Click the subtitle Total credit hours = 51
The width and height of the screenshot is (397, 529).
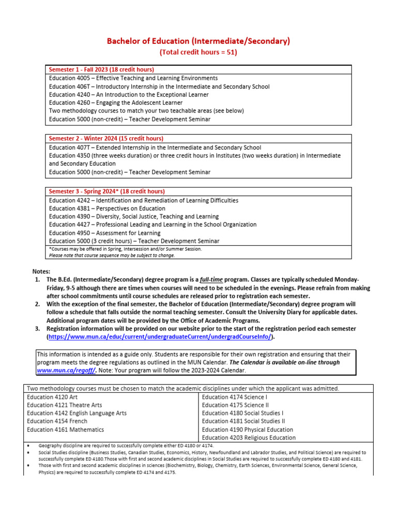pyautogui.click(x=198, y=52)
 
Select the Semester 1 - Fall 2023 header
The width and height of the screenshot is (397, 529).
pyautogui.click(x=101, y=69)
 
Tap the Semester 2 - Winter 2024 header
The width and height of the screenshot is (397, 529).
pyautogui.click(x=106, y=138)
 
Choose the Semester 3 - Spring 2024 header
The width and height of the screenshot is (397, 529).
pyautogui.click(x=107, y=191)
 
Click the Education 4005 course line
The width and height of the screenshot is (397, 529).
pyautogui.click(x=133, y=78)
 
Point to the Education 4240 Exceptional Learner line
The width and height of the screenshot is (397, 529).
pyautogui.click(x=129, y=95)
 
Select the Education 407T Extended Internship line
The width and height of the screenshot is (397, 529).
pyautogui.click(x=155, y=147)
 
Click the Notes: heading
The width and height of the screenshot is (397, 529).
pyautogui.click(x=41, y=271)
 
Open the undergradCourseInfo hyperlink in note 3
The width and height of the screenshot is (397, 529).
pyautogui.click(x=160, y=337)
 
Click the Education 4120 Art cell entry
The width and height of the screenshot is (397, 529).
pyautogui.click(x=50, y=397)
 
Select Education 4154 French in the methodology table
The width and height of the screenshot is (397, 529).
pyautogui.click(x=57, y=421)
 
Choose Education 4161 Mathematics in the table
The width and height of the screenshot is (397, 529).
pyautogui.click(x=65, y=429)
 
